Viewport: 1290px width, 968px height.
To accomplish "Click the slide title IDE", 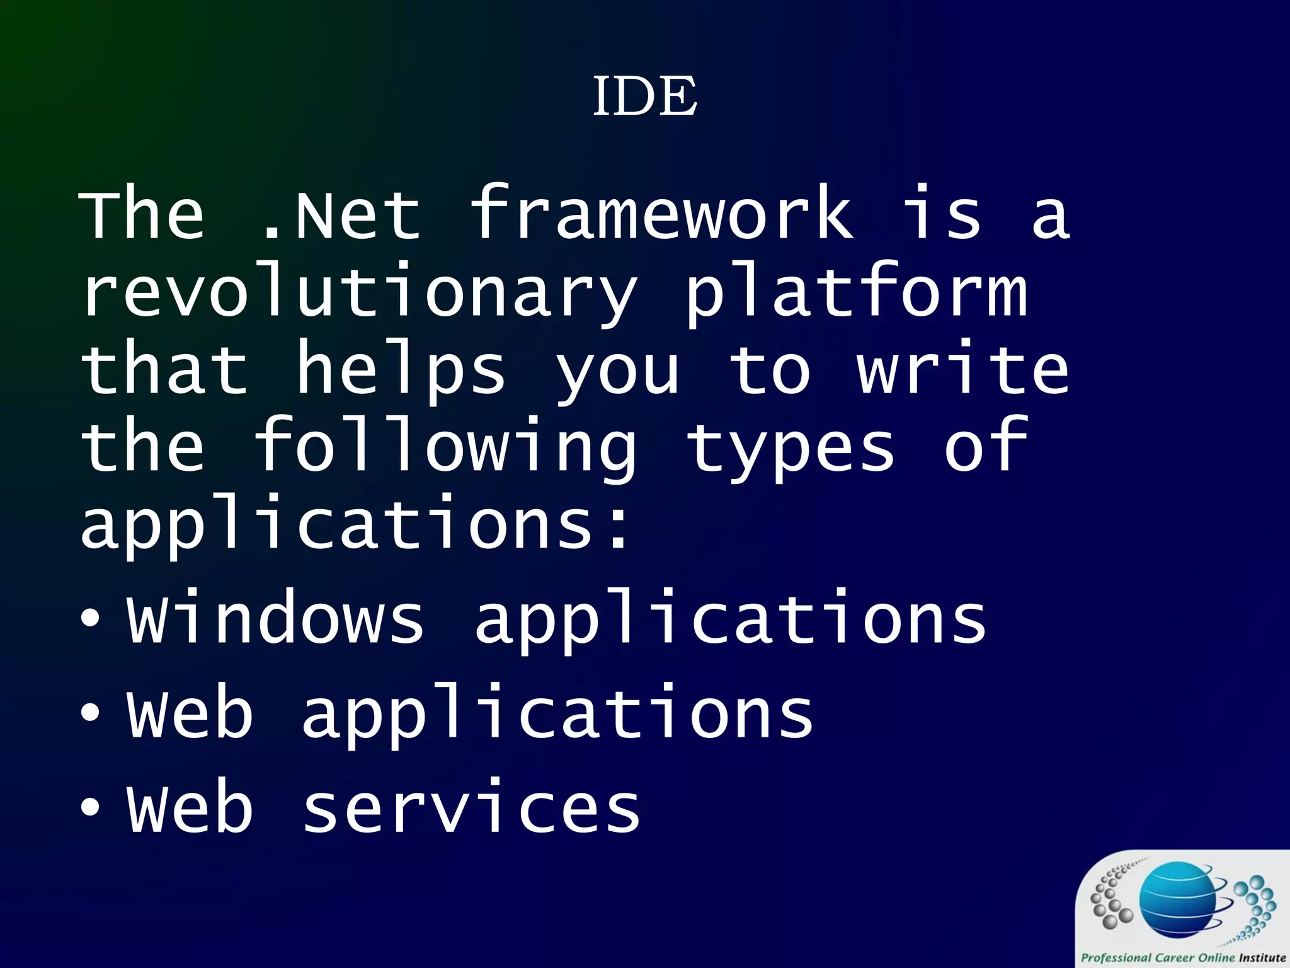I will point(644,96).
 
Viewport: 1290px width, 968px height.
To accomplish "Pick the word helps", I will point(401,371).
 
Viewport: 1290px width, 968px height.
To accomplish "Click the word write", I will point(962,371).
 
